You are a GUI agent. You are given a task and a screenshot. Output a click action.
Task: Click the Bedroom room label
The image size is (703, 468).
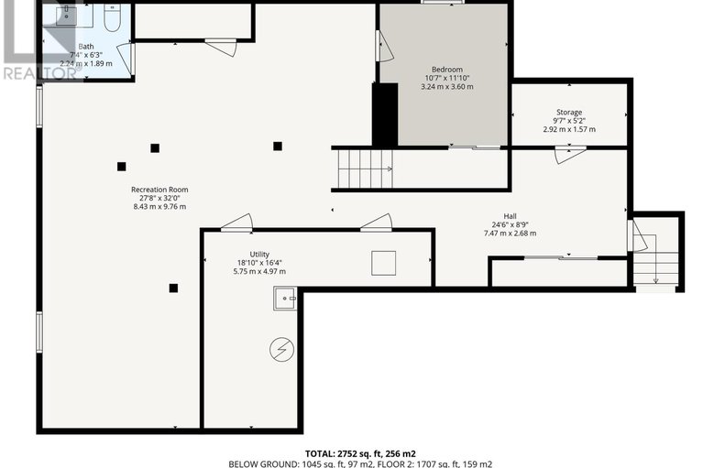click(x=447, y=70)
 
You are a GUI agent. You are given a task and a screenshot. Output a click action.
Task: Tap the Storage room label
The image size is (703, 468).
click(x=568, y=113)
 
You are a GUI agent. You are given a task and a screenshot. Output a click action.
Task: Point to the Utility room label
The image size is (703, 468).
click(x=259, y=254)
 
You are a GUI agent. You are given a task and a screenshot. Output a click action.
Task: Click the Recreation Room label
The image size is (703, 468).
click(x=159, y=190)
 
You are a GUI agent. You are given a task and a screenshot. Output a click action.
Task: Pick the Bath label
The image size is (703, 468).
click(x=86, y=46)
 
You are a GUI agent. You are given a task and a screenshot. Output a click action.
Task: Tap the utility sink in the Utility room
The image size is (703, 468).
click(x=285, y=298)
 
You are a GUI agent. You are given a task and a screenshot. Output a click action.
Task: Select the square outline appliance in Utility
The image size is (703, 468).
click(x=383, y=263)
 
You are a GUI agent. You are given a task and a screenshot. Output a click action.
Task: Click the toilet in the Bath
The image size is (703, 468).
click(x=111, y=18)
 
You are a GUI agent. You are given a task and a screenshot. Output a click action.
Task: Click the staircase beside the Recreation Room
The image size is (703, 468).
click(x=365, y=168)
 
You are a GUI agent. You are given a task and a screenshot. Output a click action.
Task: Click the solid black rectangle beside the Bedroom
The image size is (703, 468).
click(x=384, y=114)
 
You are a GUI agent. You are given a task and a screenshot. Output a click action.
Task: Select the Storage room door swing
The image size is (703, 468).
click(x=568, y=154)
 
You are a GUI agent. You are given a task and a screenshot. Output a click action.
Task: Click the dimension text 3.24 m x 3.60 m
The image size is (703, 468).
click(x=447, y=87)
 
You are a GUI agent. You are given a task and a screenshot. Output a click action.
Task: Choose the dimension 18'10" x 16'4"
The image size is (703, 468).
click(x=259, y=263)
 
